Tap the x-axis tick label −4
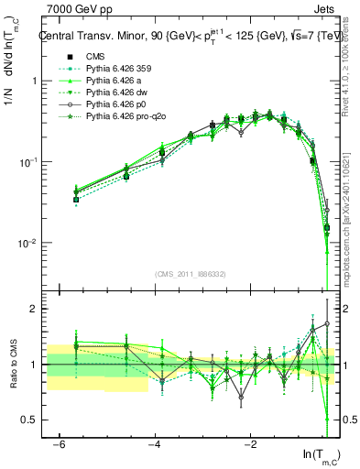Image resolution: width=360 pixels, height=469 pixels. pos(154,444)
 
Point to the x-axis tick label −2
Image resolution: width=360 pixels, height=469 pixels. pos(250,444)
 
